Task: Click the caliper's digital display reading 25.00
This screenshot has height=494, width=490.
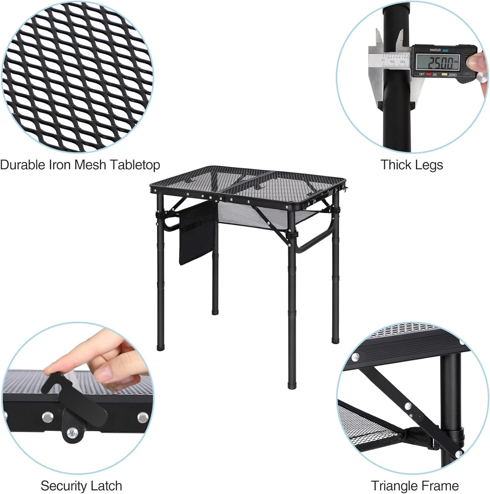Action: point(438,62)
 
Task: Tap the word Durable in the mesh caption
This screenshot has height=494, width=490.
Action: point(23,165)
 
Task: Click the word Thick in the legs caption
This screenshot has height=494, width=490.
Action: point(395,165)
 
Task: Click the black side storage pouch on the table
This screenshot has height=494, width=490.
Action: point(196,234)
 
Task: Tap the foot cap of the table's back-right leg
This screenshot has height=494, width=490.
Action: point(335,340)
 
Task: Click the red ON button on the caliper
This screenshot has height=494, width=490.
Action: point(429,74)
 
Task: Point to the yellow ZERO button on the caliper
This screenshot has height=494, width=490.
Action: point(445,74)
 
